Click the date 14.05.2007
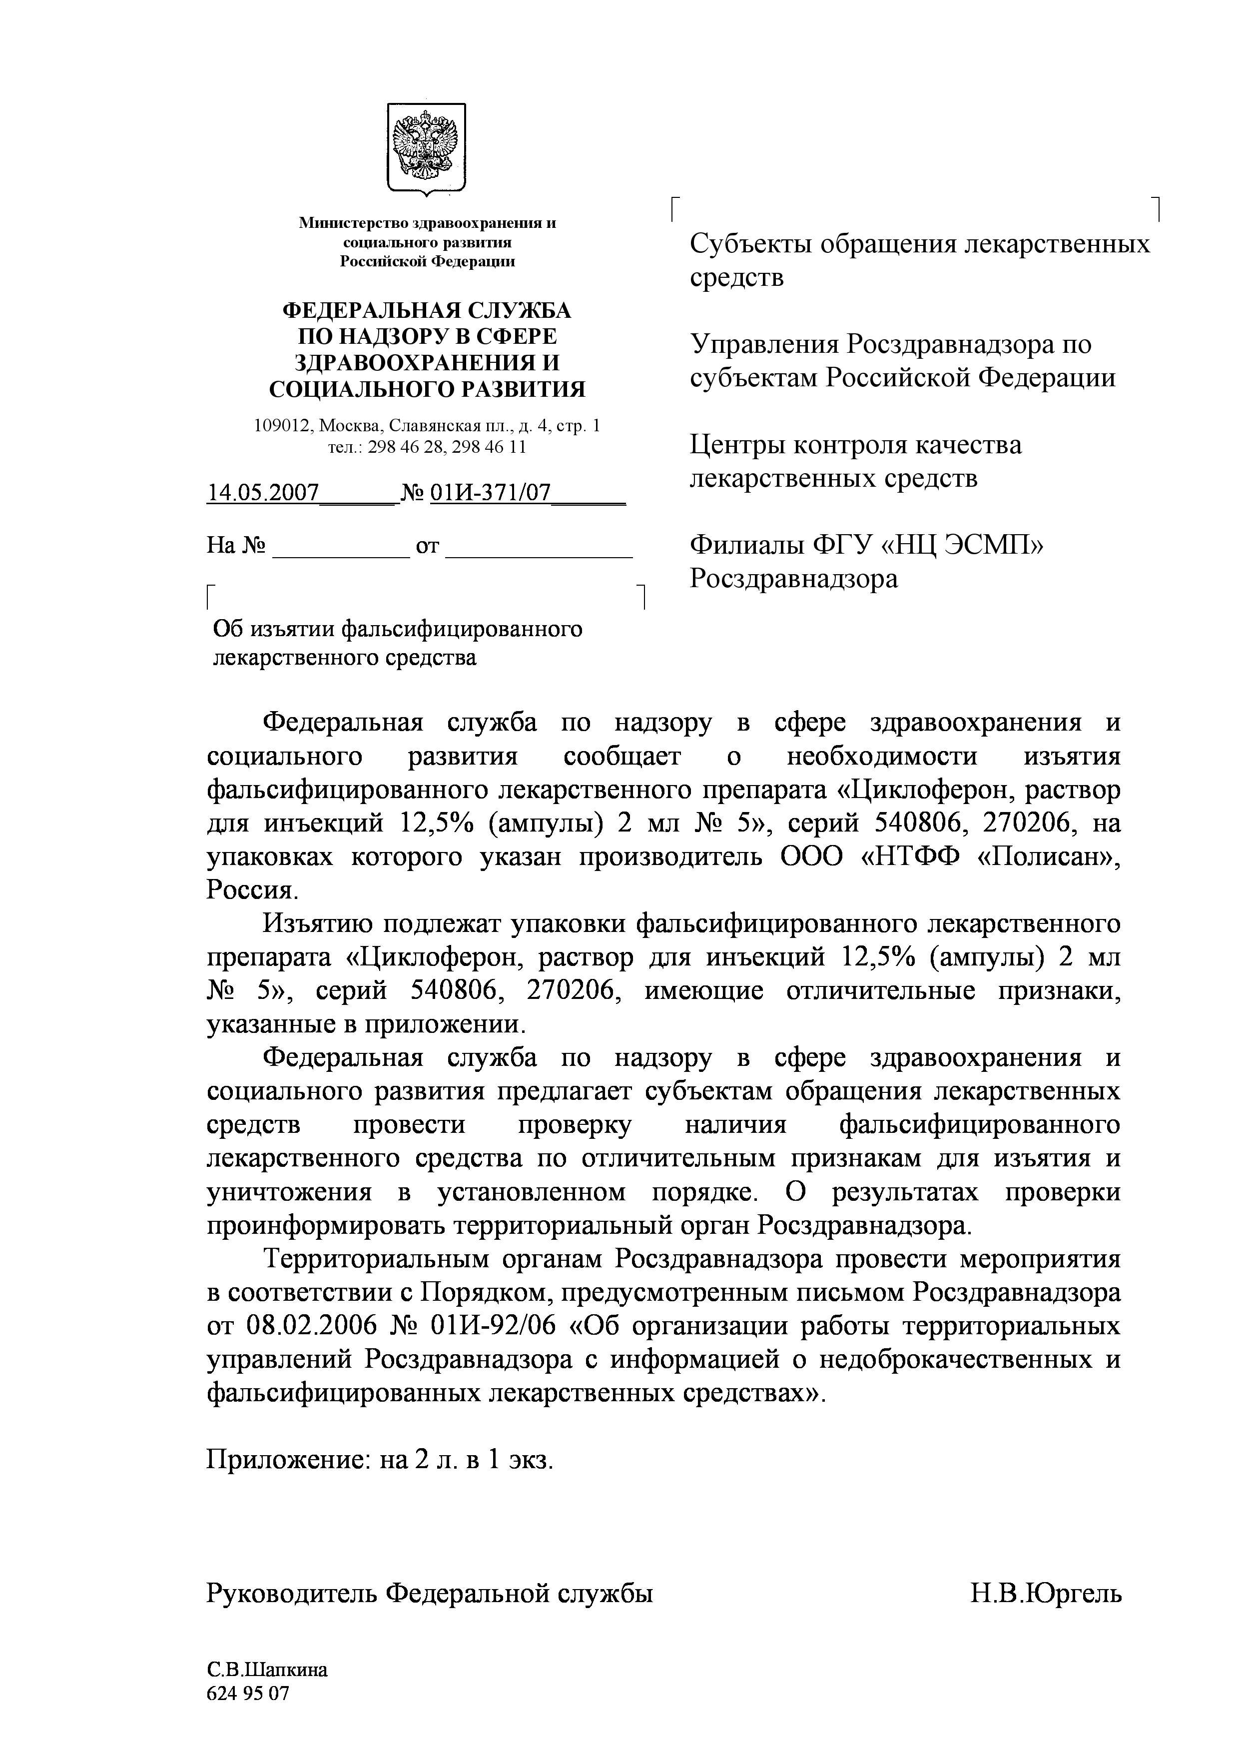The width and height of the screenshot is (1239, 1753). (x=263, y=492)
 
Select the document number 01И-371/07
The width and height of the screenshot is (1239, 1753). (x=490, y=492)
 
